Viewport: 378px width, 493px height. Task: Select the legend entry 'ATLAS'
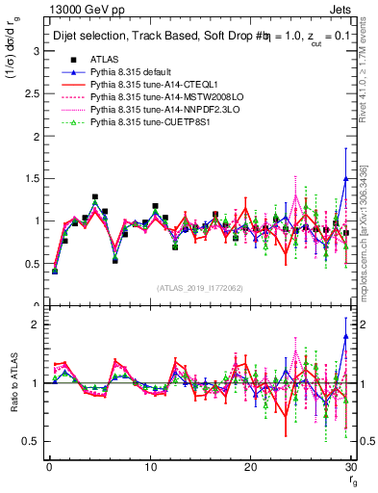point(104,60)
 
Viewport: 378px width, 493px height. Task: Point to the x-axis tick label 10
point(150,467)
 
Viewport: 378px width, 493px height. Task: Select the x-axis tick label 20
point(251,467)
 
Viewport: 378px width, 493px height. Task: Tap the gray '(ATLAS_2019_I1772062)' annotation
point(201,288)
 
